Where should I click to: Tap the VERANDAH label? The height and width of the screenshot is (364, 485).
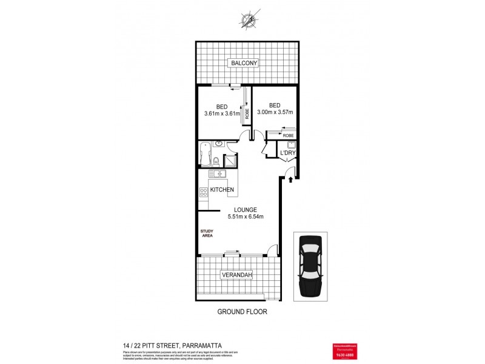(236, 275)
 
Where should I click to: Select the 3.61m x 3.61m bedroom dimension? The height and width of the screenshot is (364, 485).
(222, 113)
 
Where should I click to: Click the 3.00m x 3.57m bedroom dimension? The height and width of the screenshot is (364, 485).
(275, 112)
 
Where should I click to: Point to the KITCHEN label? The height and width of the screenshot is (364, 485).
(222, 190)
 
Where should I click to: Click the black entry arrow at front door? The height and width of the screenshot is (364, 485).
(291, 179)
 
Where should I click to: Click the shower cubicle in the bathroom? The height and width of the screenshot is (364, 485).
(231, 161)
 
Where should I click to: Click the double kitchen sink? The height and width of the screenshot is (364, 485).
(216, 174)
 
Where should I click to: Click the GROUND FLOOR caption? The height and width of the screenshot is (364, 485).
(242, 312)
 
